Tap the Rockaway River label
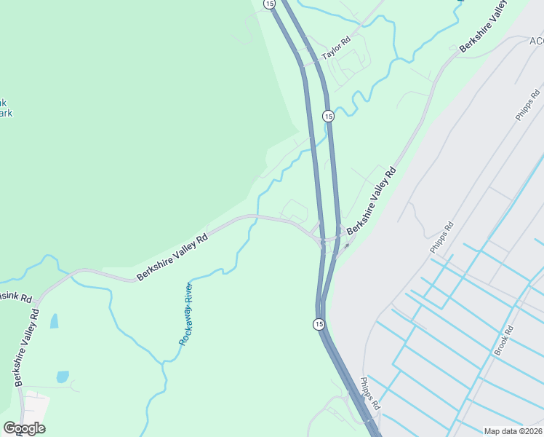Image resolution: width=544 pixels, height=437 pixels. coord(185,313)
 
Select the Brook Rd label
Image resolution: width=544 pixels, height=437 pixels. coord(504,340)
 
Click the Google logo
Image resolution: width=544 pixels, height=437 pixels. coord(24,428)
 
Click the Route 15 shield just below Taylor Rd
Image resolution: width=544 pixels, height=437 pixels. coord(328,117)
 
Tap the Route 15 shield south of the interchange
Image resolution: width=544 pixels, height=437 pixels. coord(319,323)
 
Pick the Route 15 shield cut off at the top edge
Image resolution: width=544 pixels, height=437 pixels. coord(271,4)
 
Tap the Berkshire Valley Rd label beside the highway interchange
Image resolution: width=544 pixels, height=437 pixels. coord(371,202)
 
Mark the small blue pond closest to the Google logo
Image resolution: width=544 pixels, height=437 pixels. coord(63,377)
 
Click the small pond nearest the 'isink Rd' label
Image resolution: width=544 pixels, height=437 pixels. coord(54,321)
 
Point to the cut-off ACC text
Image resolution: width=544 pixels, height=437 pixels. coord(537,41)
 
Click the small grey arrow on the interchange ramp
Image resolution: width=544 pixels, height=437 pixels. coord(346,245)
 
